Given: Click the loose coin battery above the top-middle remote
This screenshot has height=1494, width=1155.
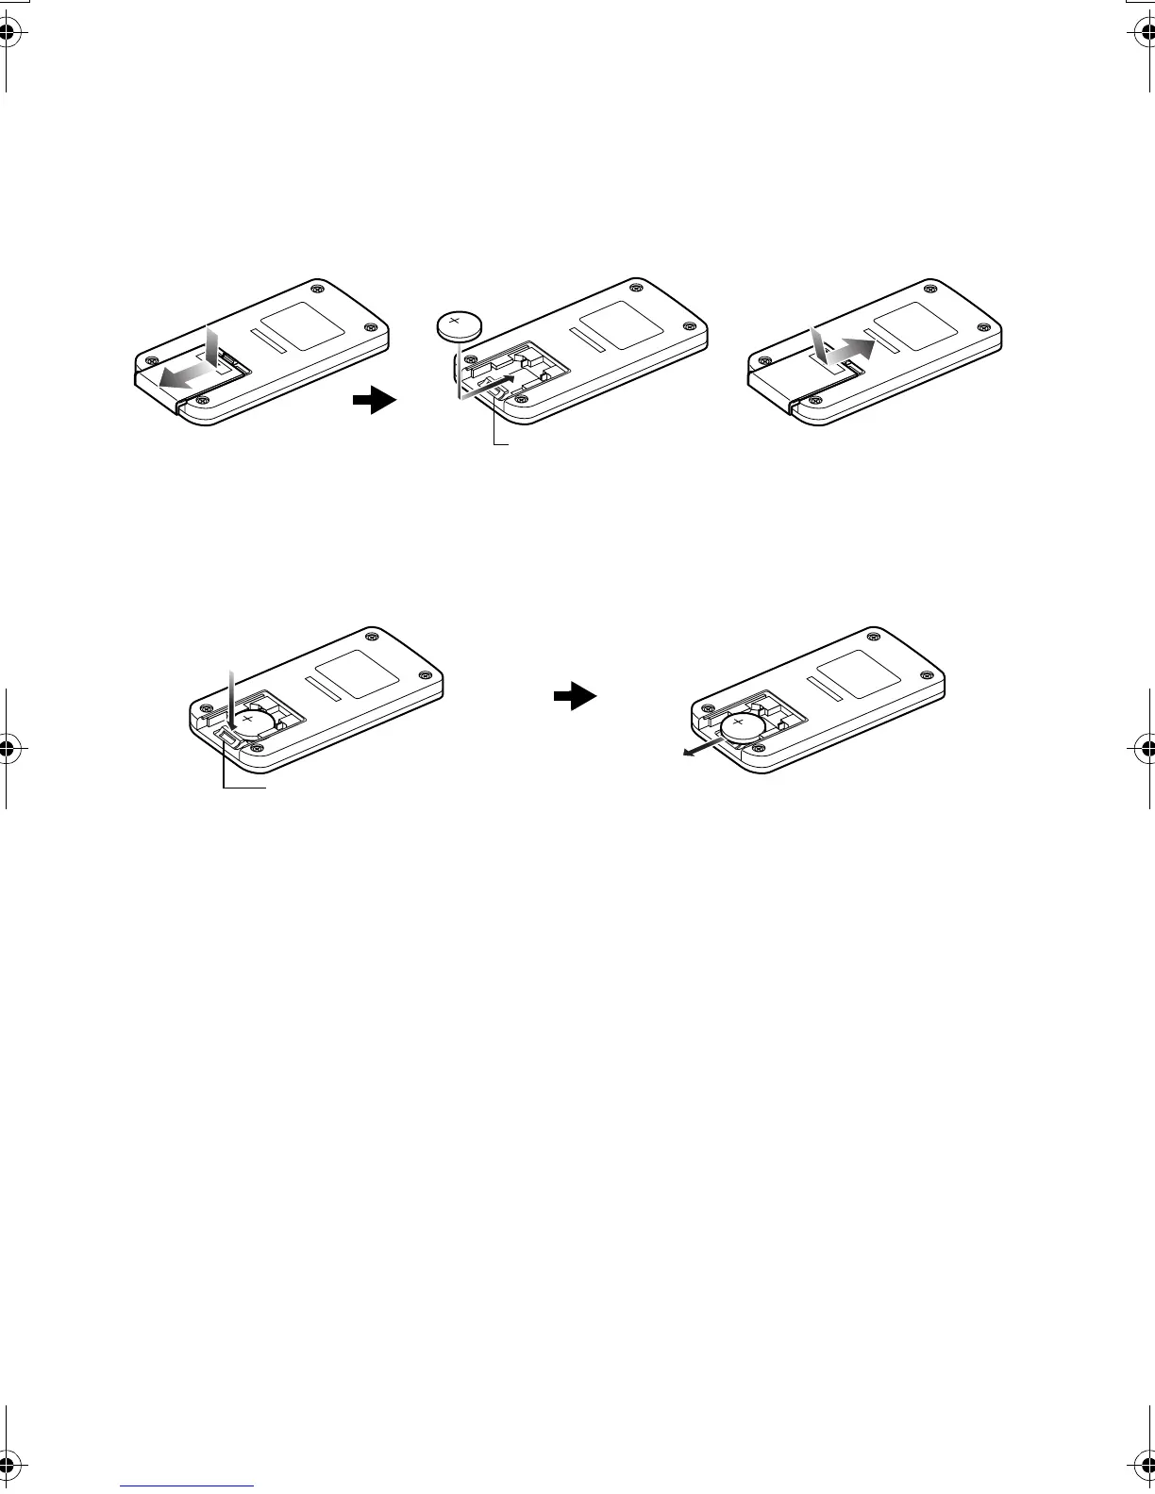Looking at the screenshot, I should pos(460,325).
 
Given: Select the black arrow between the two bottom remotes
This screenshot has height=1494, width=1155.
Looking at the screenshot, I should pos(575,697).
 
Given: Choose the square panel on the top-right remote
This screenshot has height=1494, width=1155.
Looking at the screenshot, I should pos(915,328).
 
